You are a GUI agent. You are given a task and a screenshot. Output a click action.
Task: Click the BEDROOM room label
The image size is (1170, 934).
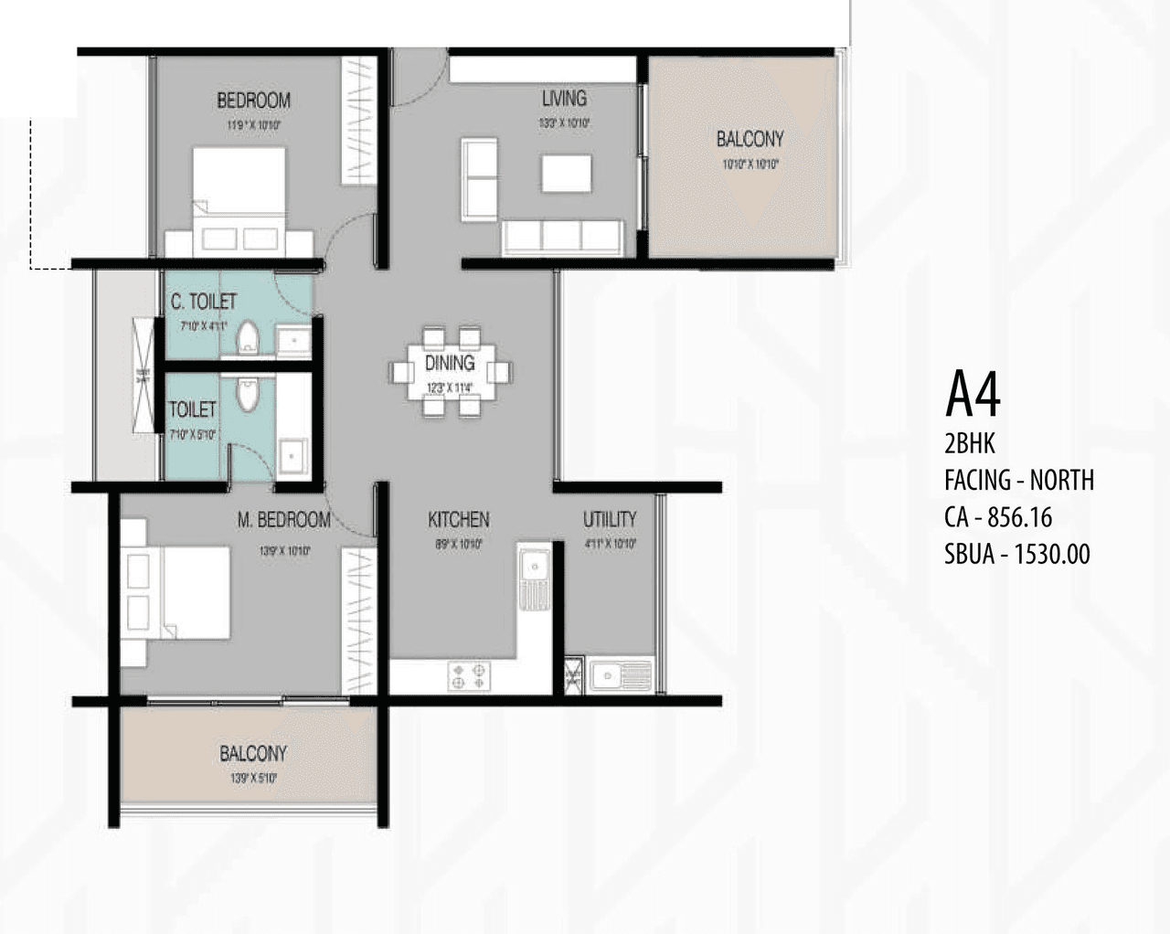click(x=253, y=101)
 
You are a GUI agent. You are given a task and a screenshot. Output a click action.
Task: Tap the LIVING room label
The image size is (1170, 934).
click(x=564, y=99)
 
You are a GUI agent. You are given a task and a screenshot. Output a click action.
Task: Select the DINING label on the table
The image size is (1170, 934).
click(x=450, y=364)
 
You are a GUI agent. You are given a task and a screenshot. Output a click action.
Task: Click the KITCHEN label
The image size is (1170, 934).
click(x=458, y=520)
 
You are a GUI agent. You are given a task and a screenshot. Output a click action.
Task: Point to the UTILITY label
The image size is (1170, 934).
click(x=610, y=520)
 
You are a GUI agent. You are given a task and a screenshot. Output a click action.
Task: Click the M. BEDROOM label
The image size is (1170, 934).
click(x=284, y=520)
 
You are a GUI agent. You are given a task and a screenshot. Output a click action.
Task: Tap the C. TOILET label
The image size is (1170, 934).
click(x=204, y=302)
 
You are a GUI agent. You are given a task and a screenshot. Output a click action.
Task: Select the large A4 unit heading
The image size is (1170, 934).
click(x=973, y=394)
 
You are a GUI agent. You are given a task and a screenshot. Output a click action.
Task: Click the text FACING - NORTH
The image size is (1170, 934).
click(x=1018, y=480)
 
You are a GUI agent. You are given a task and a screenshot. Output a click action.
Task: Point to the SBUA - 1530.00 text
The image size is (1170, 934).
click(x=1016, y=554)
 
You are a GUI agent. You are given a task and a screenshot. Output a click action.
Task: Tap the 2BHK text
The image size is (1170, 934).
click(x=969, y=444)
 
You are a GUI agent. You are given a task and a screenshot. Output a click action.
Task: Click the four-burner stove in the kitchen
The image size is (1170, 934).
click(x=469, y=676)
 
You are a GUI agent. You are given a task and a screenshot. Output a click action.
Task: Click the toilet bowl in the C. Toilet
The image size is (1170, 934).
click(x=248, y=338)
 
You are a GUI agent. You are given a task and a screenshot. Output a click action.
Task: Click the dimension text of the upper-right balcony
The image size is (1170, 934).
click(x=750, y=165)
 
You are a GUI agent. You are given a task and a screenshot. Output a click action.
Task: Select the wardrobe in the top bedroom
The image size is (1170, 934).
click(x=358, y=121)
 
